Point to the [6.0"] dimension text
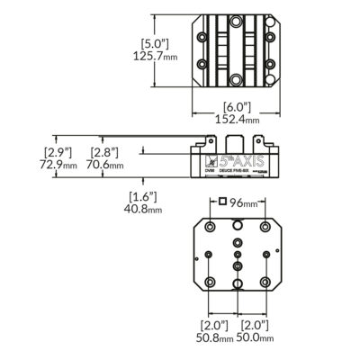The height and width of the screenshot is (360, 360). (236, 105)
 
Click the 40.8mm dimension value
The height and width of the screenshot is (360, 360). (143, 210)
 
